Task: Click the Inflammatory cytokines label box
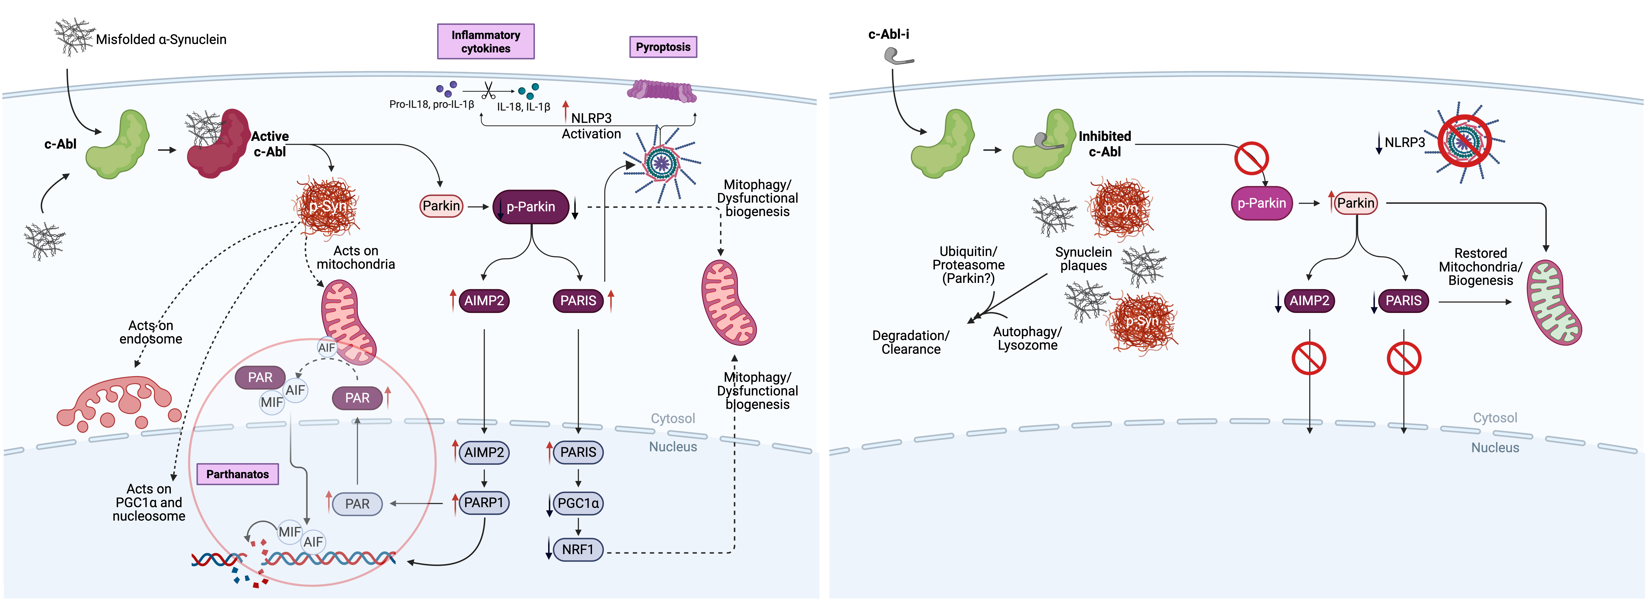click(485, 41)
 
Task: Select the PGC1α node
click(578, 503)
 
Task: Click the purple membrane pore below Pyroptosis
click(662, 91)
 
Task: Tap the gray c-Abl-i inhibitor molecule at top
click(897, 57)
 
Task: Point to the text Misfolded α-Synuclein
click(161, 40)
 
